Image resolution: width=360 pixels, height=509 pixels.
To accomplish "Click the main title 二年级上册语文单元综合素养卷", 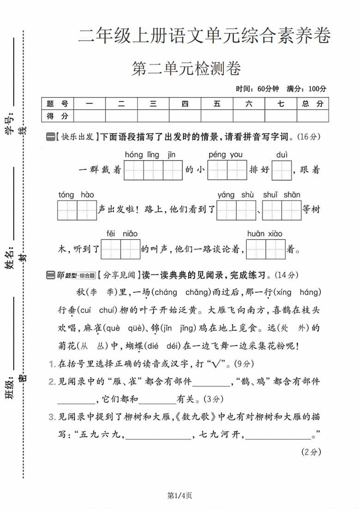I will tap(204, 36).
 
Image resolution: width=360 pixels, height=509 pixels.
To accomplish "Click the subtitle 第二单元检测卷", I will tap(186, 69).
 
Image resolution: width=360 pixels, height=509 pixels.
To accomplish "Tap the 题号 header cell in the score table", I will tap(57, 104).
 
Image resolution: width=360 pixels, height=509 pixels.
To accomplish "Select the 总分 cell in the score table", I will tap(312, 104).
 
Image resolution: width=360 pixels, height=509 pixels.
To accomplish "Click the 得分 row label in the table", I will tap(57, 116).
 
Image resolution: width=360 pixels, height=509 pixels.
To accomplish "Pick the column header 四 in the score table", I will tap(185, 104).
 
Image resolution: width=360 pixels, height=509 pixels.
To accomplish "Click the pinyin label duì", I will tap(282, 155).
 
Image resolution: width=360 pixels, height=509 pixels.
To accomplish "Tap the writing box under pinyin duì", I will tap(282, 170).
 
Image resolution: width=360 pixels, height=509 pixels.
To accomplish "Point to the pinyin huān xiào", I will tap(264, 234).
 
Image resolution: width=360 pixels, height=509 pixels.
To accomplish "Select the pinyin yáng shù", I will tap(235, 195).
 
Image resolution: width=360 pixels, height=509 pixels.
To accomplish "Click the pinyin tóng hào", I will tap(76, 195).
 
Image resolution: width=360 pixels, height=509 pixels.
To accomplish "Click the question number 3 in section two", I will tap(52, 417).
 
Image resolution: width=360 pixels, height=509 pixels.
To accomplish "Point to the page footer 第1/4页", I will tap(180, 496).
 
